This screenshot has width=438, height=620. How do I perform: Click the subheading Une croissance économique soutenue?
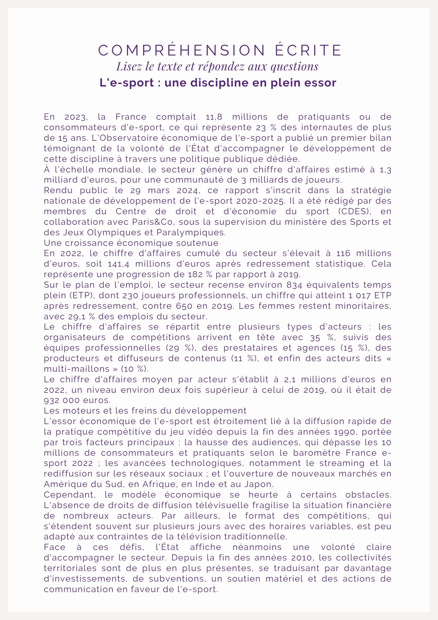click(131, 243)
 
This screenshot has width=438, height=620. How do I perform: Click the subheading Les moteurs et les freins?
click(145, 411)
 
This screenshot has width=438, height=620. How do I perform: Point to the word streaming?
click(341, 463)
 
